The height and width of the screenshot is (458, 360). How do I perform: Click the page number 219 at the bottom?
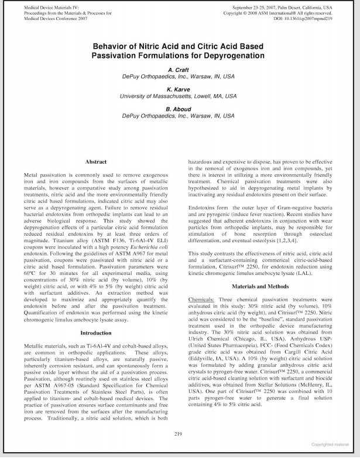(180, 433)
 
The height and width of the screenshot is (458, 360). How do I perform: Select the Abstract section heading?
(96, 161)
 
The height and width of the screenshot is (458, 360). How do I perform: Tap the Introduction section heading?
(96, 333)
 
